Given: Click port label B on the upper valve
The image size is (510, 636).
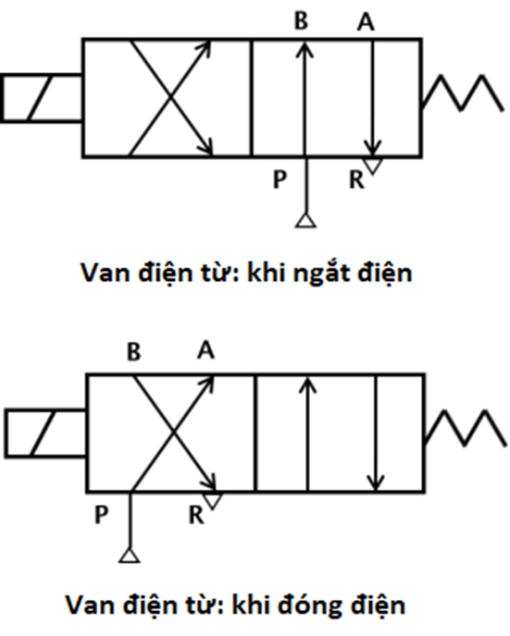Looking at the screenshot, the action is point(301,21).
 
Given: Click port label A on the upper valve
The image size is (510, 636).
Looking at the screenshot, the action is point(366,21).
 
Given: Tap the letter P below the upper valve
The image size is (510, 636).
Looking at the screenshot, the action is point(280,179).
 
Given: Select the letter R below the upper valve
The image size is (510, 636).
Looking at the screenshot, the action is point(356,179).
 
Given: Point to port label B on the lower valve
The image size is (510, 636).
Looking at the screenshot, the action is point(133,352).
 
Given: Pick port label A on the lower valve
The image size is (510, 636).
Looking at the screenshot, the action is point(205,349).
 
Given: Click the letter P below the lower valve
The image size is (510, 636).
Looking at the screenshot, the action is point(101,515).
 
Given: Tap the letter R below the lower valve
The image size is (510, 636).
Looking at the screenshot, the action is point(196,515).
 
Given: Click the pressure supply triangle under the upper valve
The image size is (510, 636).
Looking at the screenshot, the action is point(305,221).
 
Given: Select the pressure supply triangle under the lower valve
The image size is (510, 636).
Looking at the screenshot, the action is point(130,556).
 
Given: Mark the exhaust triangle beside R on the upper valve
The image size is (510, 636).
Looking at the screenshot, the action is point(373,165).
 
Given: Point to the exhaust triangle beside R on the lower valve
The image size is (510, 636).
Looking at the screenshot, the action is point(213,501).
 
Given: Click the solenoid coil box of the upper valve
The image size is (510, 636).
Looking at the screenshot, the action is point(42,98).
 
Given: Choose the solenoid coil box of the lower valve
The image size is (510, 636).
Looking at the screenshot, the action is point(45,434).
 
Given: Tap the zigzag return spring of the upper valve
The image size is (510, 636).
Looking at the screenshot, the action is point(461,92).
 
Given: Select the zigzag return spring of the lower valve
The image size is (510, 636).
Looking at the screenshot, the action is point(466,428).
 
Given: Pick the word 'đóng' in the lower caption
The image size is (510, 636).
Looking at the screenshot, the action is point(310,605).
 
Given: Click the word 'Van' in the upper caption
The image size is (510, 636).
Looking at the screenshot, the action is point(106,272).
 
